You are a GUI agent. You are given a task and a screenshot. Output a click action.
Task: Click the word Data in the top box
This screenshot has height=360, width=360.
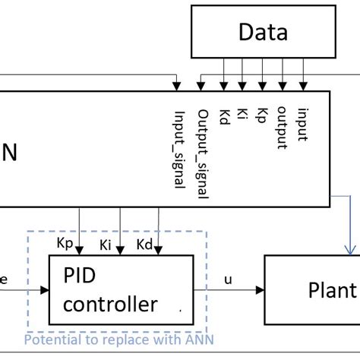263,33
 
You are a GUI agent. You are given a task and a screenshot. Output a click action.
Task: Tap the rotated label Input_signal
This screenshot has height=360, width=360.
179,150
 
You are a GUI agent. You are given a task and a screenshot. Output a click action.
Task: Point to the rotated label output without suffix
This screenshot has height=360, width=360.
282,128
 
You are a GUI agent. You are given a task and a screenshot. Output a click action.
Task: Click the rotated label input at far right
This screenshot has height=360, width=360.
302,125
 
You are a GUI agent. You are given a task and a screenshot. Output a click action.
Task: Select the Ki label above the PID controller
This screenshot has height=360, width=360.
107,245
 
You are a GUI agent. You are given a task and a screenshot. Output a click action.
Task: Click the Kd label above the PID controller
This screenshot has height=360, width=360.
146,244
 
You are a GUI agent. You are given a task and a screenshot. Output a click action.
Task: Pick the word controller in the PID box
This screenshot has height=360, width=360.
110,305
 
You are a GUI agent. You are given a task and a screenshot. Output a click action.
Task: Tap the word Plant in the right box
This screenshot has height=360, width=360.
332,290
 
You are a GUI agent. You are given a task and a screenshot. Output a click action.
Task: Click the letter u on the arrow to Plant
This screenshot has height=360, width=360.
228,279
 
